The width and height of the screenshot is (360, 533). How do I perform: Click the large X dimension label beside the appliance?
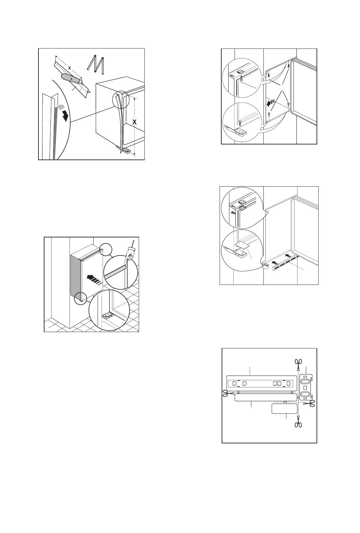click(134, 122)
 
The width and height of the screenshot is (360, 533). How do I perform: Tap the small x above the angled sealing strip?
click(69, 68)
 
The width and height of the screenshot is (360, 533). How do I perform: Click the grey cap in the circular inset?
click(243, 208)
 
